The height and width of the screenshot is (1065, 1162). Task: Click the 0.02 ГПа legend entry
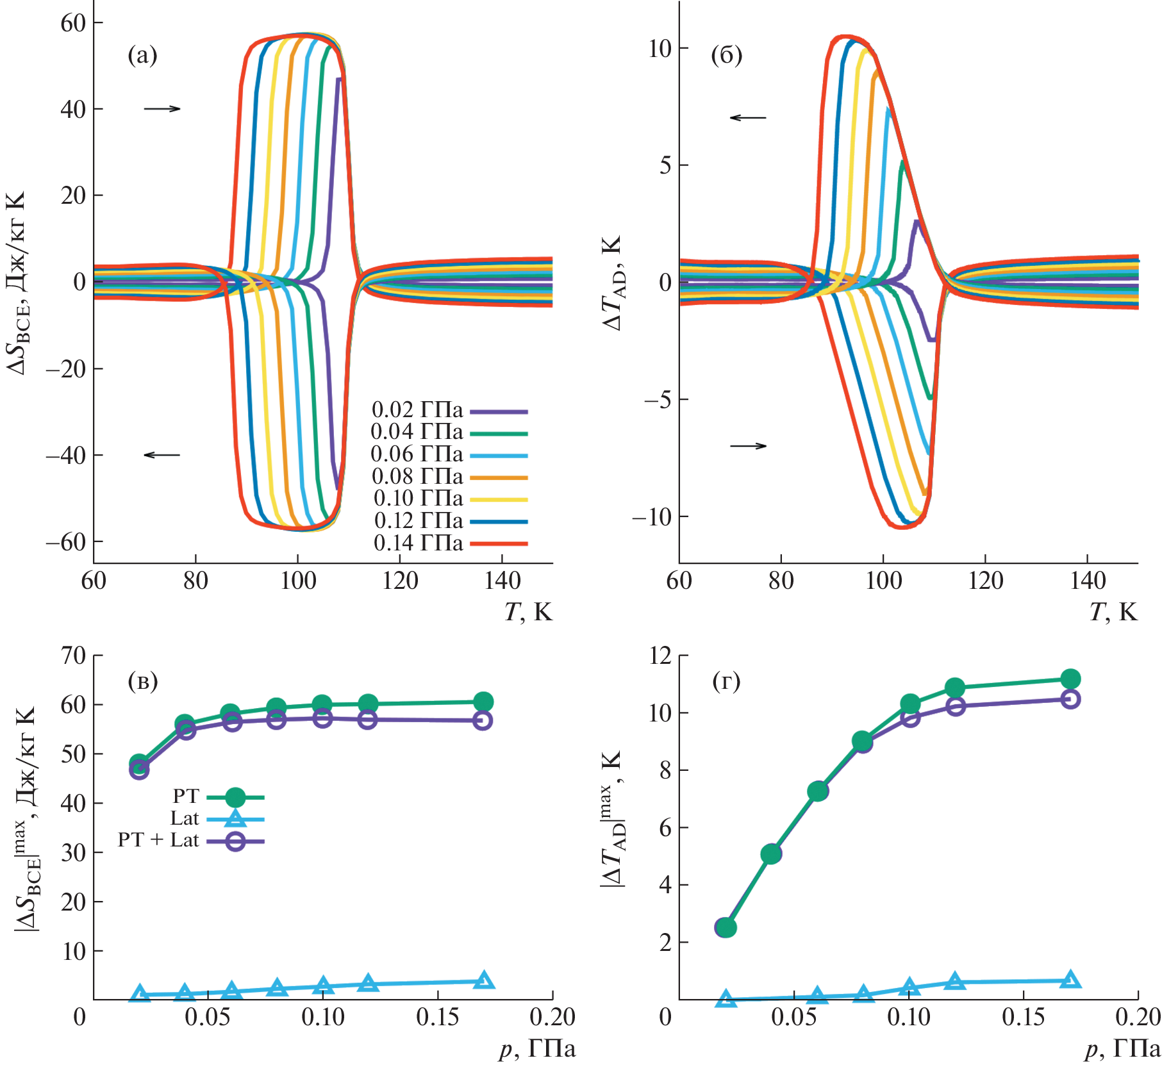[x=417, y=410]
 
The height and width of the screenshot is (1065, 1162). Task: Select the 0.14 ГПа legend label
[x=418, y=543]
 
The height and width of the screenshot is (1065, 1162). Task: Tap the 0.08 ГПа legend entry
[x=417, y=477]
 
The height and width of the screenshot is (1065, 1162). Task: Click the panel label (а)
[x=142, y=56]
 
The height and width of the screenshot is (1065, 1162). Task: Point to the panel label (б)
[x=727, y=56]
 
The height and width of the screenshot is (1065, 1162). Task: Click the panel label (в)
[x=142, y=681]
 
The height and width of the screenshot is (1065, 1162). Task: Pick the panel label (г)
[x=726, y=681]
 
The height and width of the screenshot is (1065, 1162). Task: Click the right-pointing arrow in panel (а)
[x=162, y=109]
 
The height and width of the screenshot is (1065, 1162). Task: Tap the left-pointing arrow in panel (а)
[x=162, y=455]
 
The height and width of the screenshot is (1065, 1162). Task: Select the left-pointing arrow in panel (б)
[x=748, y=117]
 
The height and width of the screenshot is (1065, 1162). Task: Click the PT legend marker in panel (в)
[x=235, y=797]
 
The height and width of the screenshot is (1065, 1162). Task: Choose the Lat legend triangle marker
[x=235, y=819]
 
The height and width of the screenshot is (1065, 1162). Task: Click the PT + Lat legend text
[x=158, y=841]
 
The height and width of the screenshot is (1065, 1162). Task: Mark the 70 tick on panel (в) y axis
[x=74, y=656]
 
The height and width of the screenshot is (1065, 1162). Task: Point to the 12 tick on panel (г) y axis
[x=660, y=656]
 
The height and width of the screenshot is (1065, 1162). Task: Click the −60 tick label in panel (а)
[x=65, y=542]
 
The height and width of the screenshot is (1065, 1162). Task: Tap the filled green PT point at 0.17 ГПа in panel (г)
[x=1070, y=679]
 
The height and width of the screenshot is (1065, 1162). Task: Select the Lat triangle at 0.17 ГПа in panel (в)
[x=484, y=980]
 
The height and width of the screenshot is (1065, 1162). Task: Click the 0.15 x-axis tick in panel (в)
[x=438, y=1017]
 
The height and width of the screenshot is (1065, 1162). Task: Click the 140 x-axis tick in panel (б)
[x=1088, y=581]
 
